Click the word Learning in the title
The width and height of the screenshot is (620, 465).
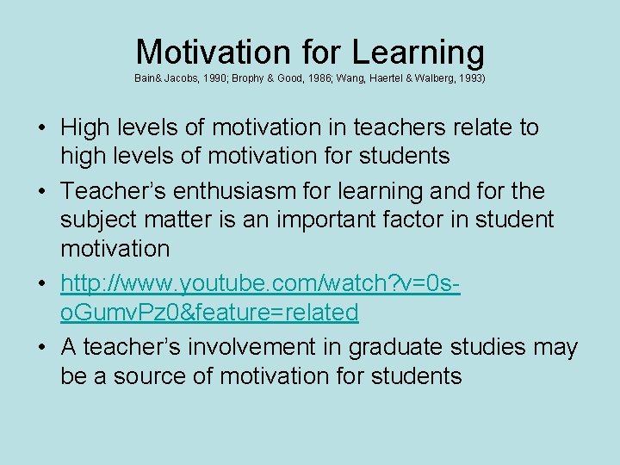(x=418, y=53)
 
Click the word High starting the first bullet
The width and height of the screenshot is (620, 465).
(x=84, y=127)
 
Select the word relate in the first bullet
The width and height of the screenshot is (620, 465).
(x=479, y=127)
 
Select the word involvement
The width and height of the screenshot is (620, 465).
(x=268, y=346)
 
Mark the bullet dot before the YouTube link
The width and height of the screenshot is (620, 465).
(x=41, y=282)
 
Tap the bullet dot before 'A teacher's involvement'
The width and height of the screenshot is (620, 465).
(x=41, y=346)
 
